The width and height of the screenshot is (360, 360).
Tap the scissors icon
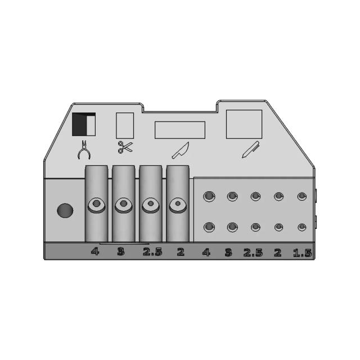124,148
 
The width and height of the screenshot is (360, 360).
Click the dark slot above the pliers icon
84,124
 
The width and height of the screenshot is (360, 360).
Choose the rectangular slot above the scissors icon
124,125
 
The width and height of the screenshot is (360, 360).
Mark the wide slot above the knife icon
179,129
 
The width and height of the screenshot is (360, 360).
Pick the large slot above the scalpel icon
244,124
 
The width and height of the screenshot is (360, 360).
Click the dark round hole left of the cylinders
65,211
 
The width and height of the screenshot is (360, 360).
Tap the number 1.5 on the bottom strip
301,253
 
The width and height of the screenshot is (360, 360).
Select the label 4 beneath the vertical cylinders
95,251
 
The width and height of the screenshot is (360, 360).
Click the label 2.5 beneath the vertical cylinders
152,251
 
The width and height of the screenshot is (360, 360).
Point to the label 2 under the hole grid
277,253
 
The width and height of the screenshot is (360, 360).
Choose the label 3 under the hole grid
228,253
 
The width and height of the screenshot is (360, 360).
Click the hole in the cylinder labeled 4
97,204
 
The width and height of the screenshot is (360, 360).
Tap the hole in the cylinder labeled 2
178,204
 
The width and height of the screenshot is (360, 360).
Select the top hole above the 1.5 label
302,196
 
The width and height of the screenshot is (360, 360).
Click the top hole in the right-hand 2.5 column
255,196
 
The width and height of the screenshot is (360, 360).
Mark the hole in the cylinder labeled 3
124,204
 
